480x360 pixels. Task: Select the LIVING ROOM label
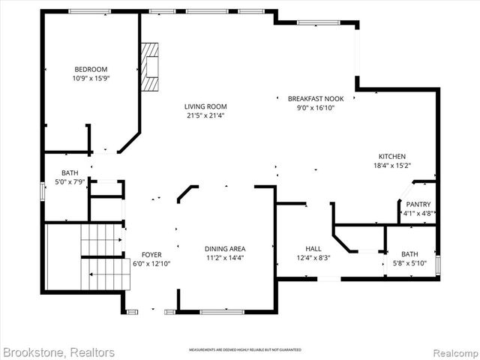[x=206, y=106]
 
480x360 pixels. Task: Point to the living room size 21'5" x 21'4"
[x=206, y=115]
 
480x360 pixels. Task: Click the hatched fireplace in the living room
[x=152, y=67]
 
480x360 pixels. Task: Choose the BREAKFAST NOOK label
[x=311, y=99]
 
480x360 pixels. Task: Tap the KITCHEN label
[x=391, y=156]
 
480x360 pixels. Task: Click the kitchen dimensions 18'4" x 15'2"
[x=391, y=166]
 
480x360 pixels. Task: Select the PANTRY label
[x=418, y=204]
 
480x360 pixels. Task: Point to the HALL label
[x=313, y=249]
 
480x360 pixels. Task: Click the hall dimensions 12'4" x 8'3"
[x=313, y=259]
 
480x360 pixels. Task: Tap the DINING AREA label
[x=225, y=249]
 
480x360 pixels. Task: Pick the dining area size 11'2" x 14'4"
[x=225, y=259]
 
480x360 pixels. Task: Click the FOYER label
[x=151, y=254]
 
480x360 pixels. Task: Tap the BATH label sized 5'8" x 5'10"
[x=409, y=253]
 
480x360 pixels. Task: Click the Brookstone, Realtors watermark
[x=59, y=352]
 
